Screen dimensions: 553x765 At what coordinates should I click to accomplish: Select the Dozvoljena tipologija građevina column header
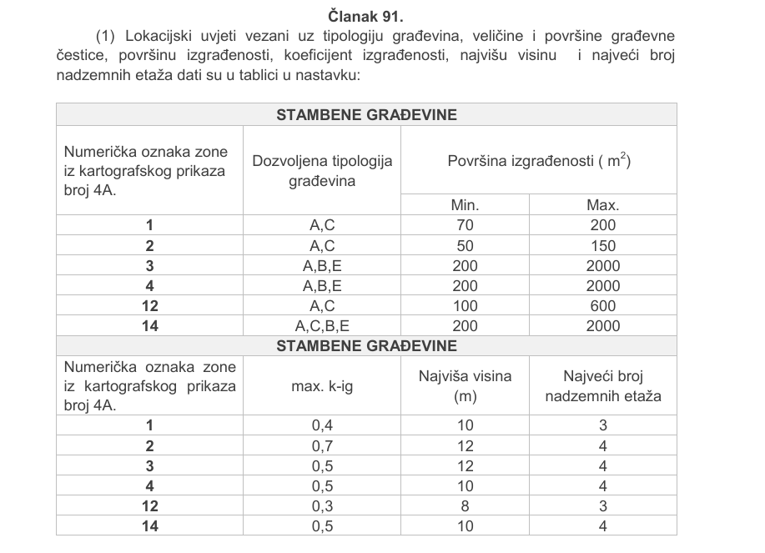pos(322,170)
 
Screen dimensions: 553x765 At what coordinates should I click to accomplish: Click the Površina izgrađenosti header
pos(538,160)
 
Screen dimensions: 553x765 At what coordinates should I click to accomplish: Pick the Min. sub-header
pos(466,205)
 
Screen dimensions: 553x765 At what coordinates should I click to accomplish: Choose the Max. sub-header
pos(602,205)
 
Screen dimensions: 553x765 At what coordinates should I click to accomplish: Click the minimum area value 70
pos(466,225)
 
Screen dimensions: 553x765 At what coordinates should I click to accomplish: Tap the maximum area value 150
pos(602,245)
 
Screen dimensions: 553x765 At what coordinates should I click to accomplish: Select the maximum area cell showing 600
pos(602,306)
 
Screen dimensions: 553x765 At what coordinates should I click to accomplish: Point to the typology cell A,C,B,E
pos(322,326)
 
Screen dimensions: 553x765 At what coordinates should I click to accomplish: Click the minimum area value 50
pos(466,245)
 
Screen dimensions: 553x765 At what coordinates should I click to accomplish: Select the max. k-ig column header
pos(322,386)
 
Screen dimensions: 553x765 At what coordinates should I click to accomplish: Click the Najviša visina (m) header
pos(466,386)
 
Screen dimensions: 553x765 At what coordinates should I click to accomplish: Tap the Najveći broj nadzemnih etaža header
pos(602,386)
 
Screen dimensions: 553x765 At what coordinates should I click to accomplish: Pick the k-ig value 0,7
pos(322,446)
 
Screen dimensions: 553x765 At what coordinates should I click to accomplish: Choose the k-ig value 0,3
pos(322,506)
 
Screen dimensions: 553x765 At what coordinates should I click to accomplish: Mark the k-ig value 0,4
pos(322,426)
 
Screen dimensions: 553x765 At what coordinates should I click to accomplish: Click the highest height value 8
pos(466,506)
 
